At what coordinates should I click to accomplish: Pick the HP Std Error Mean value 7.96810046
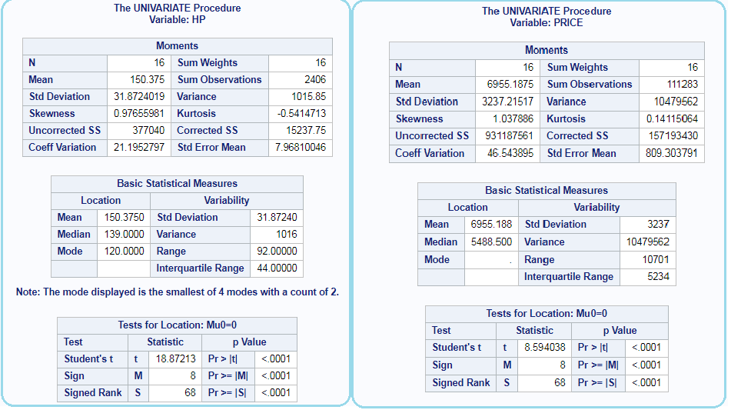click(x=301, y=148)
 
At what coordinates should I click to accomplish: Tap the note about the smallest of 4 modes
click(x=177, y=292)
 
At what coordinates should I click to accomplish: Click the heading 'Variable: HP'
click(x=177, y=20)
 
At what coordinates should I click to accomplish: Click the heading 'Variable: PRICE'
click(x=547, y=23)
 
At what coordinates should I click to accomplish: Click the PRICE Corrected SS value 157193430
click(x=673, y=136)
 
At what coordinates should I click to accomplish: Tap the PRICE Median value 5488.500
click(x=491, y=242)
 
